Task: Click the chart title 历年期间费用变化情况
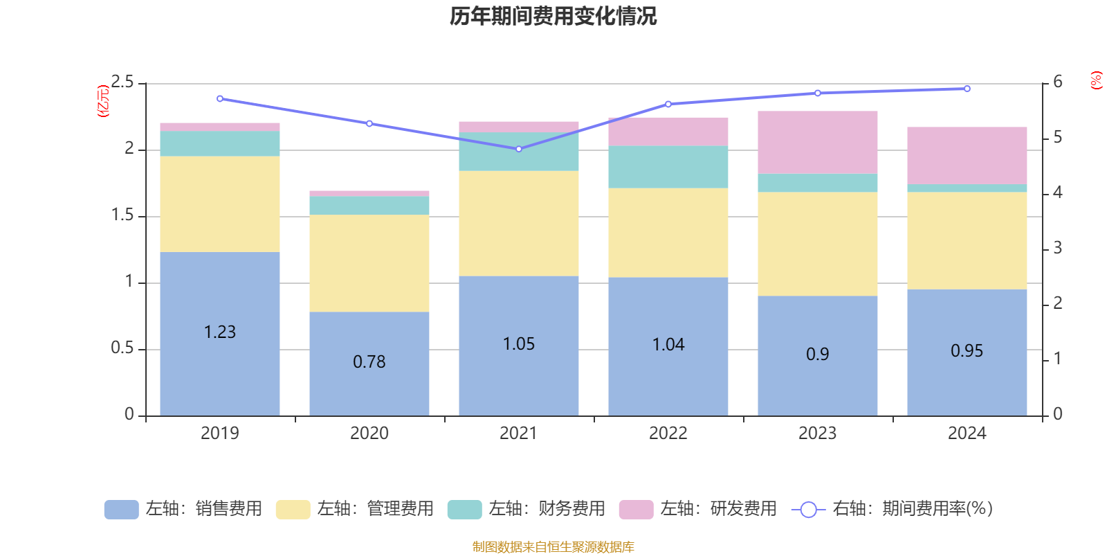pyautogui.click(x=553, y=16)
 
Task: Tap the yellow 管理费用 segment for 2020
pyautogui.click(x=369, y=263)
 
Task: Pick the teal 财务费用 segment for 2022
pyautogui.click(x=668, y=167)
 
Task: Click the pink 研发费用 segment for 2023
pyautogui.click(x=818, y=142)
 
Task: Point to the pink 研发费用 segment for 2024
pyautogui.click(x=967, y=155)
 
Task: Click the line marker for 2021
pyautogui.click(x=519, y=149)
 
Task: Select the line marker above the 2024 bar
pyautogui.click(x=967, y=89)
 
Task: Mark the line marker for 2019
pyautogui.click(x=220, y=98)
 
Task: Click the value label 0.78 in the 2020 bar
pyautogui.click(x=369, y=361)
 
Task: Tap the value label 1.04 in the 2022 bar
pyautogui.click(x=668, y=344)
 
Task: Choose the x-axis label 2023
pyautogui.click(x=817, y=434)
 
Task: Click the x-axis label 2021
pyautogui.click(x=518, y=434)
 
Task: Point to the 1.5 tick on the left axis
pyautogui.click(x=122, y=215)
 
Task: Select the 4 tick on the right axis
pyautogui.click(x=1057, y=193)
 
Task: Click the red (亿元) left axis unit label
pyautogui.click(x=103, y=101)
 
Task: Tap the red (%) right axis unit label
pyautogui.click(x=1096, y=80)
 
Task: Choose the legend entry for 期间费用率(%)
pyautogui.click(x=893, y=509)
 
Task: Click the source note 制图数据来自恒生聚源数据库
pyautogui.click(x=553, y=547)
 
